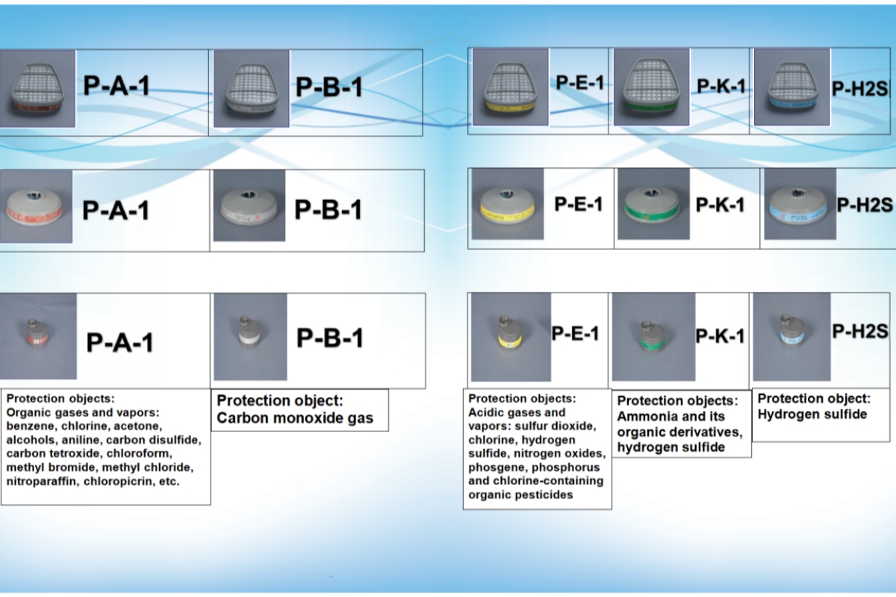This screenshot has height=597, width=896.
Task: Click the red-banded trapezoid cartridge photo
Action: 37,89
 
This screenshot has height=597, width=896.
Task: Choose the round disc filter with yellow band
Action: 507,204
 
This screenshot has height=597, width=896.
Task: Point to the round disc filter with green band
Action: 653,204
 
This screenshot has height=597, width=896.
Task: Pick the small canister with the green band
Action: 648,337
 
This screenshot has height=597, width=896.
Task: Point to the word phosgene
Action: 492,467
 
